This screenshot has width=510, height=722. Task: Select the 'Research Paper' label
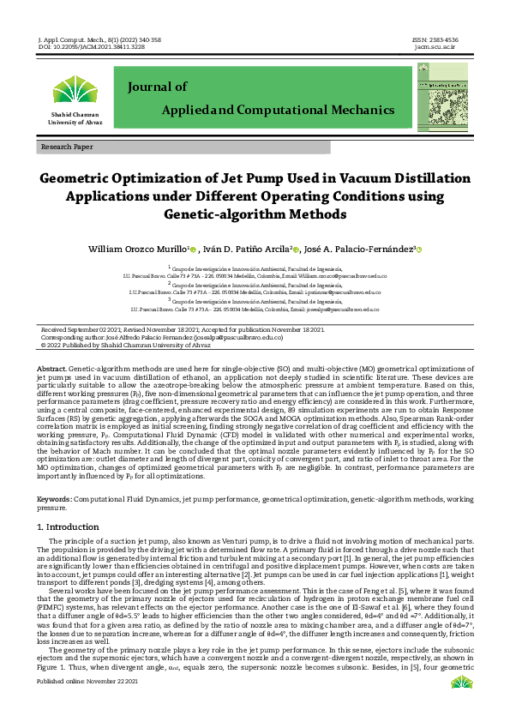[67, 147]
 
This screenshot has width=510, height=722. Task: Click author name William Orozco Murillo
[138, 249]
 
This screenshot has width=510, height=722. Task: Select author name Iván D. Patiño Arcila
[249, 249]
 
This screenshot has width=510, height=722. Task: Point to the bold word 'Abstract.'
[52, 367]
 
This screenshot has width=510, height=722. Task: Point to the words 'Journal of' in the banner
[157, 87]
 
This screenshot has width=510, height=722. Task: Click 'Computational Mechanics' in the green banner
[318, 111]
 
